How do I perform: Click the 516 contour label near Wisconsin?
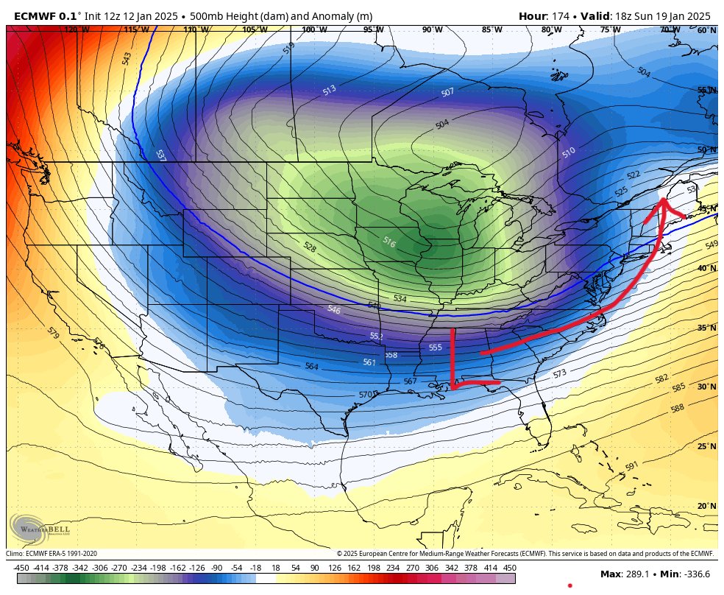pos(389,242)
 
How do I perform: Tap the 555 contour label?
pos(436,347)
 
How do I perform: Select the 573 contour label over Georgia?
pos(560,374)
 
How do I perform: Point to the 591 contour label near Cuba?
pos(631,467)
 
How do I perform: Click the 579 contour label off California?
pos(52,334)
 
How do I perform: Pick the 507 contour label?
pos(447,93)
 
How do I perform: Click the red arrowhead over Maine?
pos(662,204)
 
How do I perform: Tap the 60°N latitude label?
pos(706,30)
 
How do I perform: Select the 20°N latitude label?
pos(706,507)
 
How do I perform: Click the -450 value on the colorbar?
pos(21,568)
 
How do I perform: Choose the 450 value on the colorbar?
pos(509,568)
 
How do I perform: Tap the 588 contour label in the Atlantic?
pos(678,407)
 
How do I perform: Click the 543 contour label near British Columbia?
pos(127,57)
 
